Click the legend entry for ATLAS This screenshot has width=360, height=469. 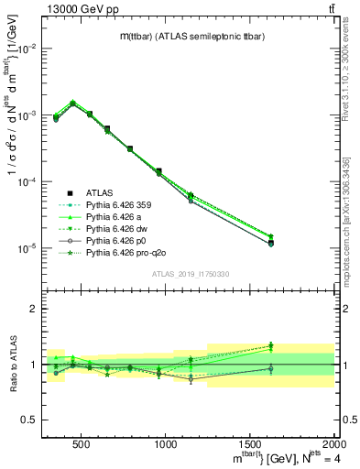99,192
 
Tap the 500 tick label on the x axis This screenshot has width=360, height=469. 81,443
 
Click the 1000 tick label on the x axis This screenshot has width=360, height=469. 166,443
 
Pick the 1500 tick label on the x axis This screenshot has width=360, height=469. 250,443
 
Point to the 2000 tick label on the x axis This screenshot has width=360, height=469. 333,443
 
